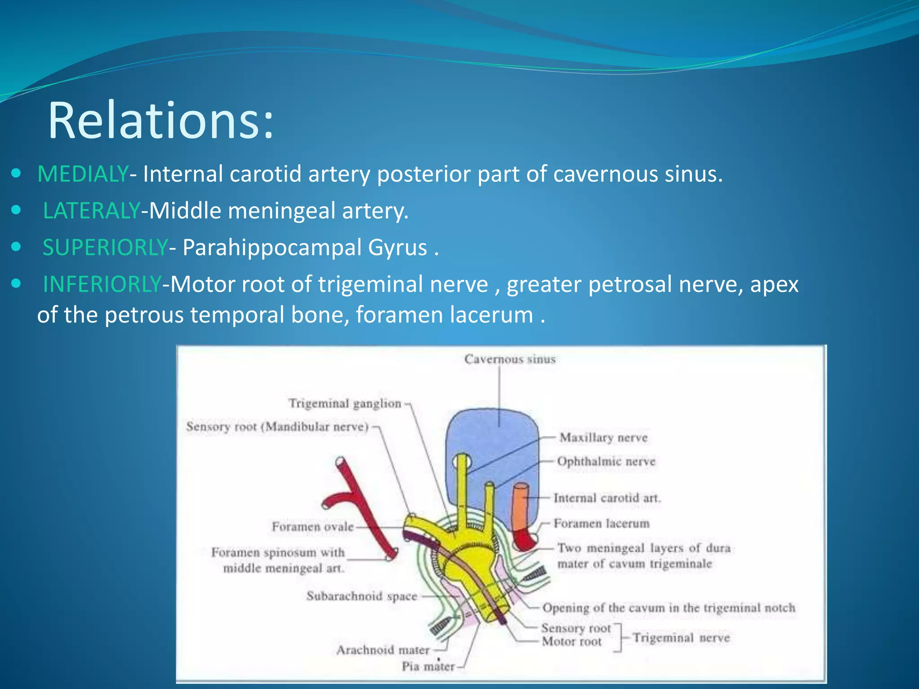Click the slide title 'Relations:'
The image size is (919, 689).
160,121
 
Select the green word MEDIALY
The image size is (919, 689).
83,174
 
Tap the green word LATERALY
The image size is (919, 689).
92,211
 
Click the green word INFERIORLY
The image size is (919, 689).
102,284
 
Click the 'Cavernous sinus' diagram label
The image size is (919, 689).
510,359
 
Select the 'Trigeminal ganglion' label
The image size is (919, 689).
345,404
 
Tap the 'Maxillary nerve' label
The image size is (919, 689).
604,438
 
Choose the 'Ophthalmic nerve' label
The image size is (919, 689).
606,462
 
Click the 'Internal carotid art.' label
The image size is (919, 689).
607,498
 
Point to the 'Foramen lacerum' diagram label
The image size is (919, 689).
601,523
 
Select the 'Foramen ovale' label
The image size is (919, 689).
313,527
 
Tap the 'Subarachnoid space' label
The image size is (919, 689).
362,596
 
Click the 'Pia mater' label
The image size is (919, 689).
428,667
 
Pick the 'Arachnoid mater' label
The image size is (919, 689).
383,650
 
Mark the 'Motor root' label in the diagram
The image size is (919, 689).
571,642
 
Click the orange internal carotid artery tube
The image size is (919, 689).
521,507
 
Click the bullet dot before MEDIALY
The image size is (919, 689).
17,173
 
